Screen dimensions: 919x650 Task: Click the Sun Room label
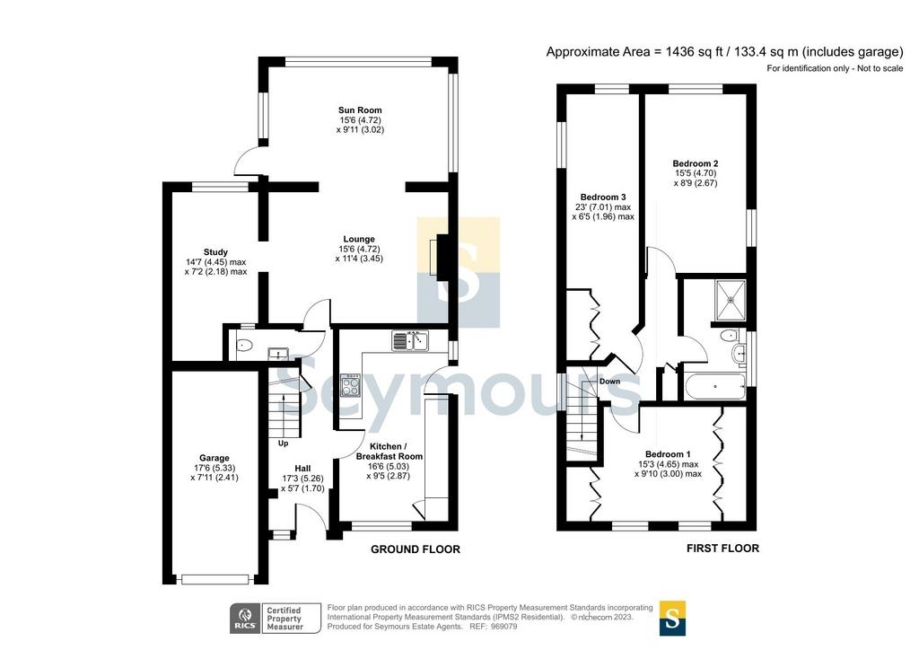coord(360,110)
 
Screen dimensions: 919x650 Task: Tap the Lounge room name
coord(359,239)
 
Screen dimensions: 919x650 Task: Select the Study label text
coord(215,252)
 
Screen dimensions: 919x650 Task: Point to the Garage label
coord(214,459)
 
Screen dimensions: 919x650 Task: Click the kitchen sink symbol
coord(410,340)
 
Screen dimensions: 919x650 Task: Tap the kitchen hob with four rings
coord(351,385)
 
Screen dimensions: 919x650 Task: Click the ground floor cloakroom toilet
coord(242,346)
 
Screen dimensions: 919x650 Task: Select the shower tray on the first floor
coord(731,300)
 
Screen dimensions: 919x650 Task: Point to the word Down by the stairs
coord(609,382)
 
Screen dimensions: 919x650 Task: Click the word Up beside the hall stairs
coord(283,444)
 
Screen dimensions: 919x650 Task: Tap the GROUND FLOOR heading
coord(416,549)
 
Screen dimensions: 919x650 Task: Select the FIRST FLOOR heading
coord(722,548)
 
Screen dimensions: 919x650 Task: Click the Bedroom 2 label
coord(696,164)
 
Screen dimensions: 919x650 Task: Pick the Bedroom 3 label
coord(603,198)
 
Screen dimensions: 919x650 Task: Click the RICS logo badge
coord(245,619)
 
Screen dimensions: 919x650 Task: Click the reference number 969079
coord(504,627)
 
